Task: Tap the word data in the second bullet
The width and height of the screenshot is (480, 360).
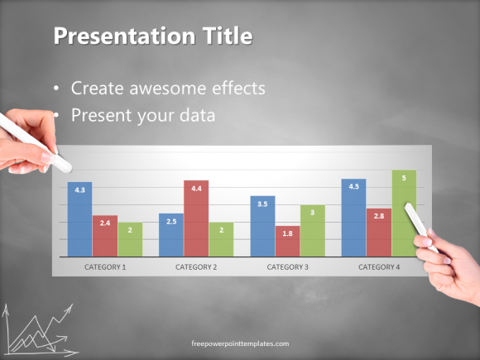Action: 195,116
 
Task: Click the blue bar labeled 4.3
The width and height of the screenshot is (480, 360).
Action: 79,219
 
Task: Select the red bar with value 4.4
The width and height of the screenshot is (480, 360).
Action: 196,217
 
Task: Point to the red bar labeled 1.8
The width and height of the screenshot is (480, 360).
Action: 287,241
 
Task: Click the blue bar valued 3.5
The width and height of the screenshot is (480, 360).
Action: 262,225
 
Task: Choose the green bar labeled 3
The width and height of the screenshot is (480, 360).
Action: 312,230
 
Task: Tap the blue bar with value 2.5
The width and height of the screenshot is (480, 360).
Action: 171,234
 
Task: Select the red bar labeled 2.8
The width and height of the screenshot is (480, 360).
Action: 379,232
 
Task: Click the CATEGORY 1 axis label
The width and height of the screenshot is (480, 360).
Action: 105,267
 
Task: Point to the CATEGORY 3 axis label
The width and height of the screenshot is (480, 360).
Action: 287,267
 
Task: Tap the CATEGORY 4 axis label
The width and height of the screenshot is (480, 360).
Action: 379,267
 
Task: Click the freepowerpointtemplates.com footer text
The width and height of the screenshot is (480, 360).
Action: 240,343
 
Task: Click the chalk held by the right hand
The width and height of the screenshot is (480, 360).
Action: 419,225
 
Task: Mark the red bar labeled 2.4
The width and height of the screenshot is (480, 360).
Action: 105,235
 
